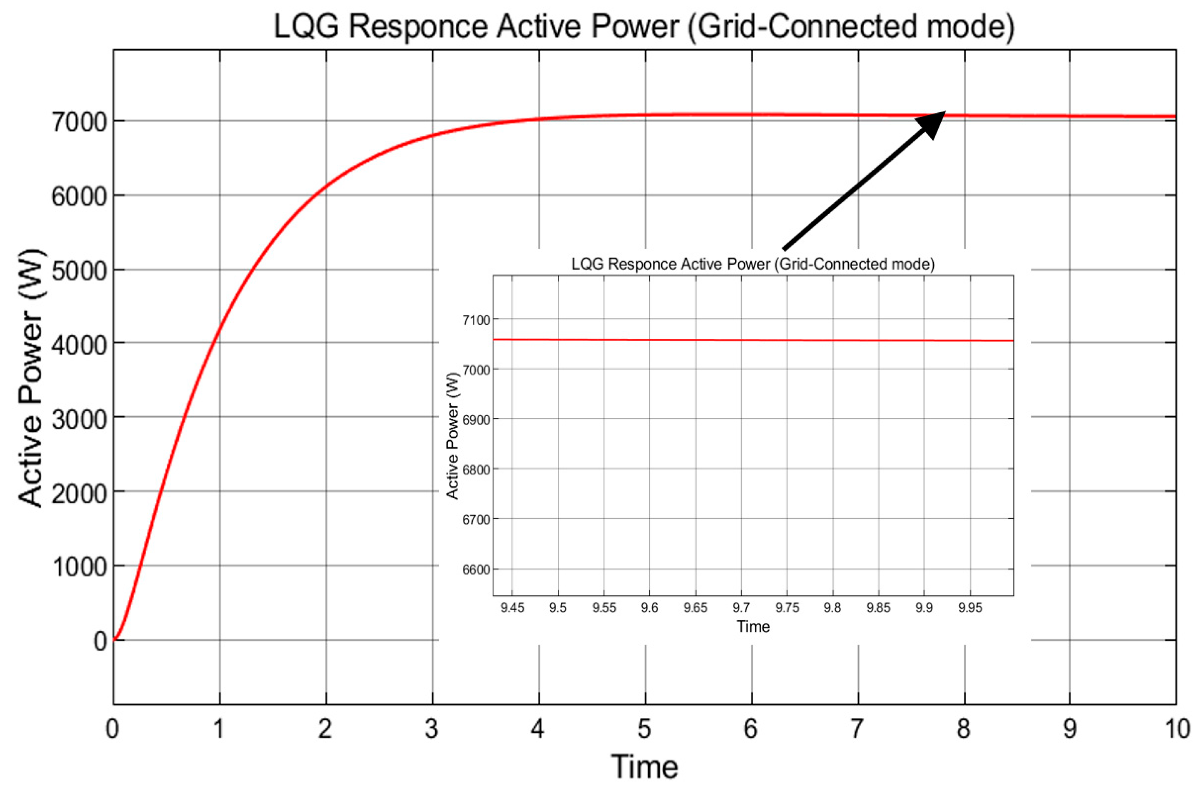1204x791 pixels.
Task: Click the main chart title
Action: point(643,26)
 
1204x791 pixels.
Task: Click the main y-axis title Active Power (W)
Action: point(31,378)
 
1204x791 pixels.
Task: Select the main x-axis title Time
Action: point(644,767)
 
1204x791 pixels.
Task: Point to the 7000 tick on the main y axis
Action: point(79,122)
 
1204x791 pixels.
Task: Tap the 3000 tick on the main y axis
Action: point(79,419)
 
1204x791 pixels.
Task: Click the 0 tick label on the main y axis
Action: point(100,641)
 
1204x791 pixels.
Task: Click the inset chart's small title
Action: point(753,264)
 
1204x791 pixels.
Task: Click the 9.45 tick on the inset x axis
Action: point(512,607)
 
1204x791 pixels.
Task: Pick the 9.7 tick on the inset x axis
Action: point(741,607)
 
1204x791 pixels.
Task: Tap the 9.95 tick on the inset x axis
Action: point(970,607)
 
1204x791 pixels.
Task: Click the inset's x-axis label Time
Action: point(753,627)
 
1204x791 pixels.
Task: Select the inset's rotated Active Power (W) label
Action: point(453,436)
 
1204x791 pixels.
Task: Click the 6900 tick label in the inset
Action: point(476,420)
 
